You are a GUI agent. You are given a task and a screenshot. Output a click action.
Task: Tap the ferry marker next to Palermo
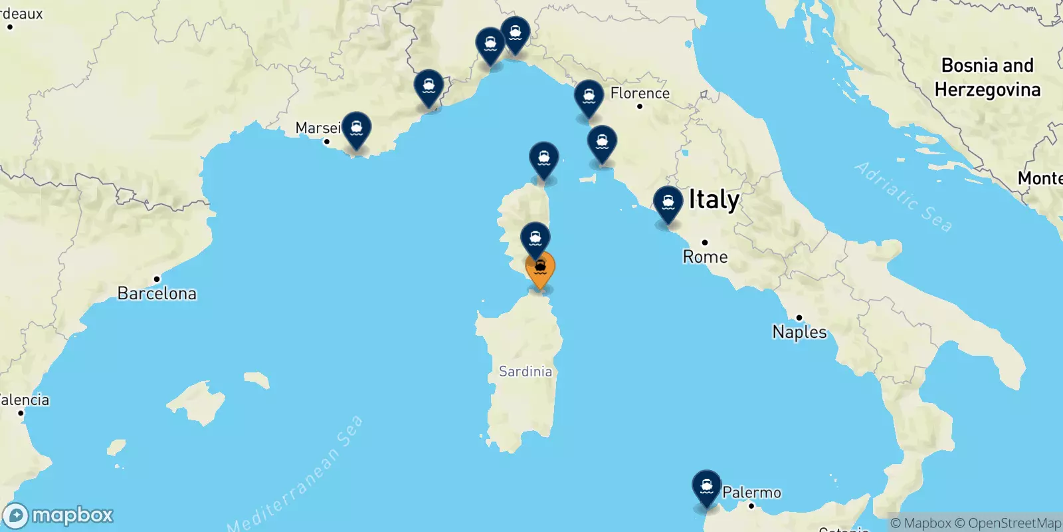(x=706, y=487)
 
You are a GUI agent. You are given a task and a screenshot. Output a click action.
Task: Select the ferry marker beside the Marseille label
(x=357, y=128)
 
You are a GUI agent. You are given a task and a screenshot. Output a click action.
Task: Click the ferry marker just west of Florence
(x=589, y=97)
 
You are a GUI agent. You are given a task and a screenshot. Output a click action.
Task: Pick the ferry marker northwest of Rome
(x=668, y=203)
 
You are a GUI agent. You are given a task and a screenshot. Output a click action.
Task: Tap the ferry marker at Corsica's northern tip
(x=543, y=159)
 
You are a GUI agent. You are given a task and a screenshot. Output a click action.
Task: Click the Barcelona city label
(x=157, y=293)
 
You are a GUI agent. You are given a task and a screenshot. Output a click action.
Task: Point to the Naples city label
(x=799, y=332)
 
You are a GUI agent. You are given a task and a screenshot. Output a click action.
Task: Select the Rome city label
(x=705, y=257)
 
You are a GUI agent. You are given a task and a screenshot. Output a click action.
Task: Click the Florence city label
(x=640, y=93)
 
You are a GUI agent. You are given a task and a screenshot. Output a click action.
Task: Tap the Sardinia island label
(x=526, y=371)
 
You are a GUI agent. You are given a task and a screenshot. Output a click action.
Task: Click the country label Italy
(x=714, y=199)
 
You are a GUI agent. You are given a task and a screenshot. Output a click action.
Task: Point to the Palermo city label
(x=751, y=492)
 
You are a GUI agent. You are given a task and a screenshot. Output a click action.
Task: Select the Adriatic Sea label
(x=904, y=196)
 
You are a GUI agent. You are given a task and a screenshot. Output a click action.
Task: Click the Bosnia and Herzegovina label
(x=987, y=77)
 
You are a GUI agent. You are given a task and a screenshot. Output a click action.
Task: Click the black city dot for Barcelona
(x=157, y=279)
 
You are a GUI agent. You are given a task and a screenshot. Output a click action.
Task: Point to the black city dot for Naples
(x=799, y=317)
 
